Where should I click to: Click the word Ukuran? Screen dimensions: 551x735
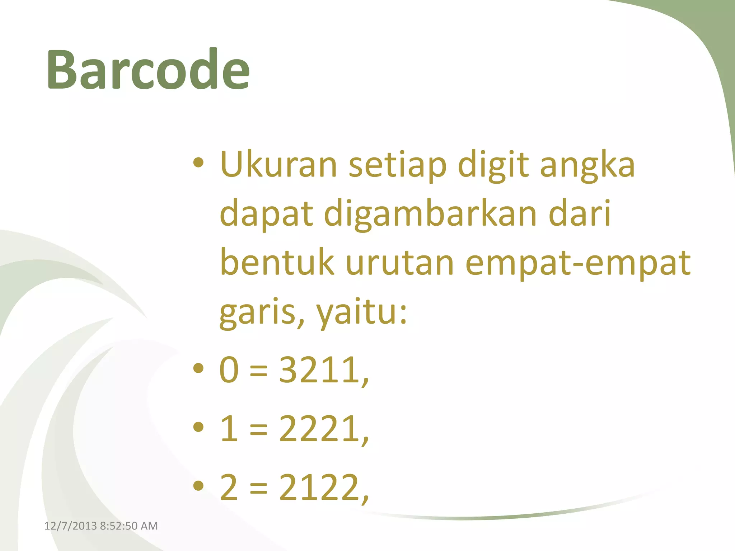(x=278, y=165)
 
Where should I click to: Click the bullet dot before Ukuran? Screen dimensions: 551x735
(x=198, y=163)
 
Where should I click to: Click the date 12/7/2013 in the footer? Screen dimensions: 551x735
(x=70, y=526)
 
